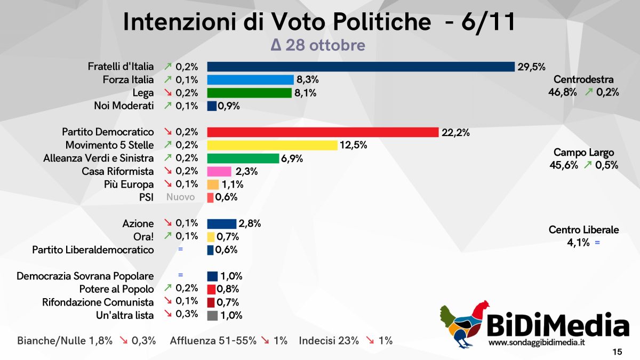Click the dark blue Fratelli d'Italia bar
click(361, 67)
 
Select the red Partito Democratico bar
click(322, 132)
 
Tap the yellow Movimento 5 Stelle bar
click(272, 145)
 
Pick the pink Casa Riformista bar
click(219, 171)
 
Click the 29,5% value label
click(531, 67)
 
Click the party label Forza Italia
click(128, 80)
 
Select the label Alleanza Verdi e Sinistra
click(98, 158)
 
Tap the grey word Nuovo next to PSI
click(180, 197)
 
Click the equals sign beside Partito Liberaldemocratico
click(180, 250)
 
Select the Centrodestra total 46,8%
click(562, 92)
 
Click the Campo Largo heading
click(583, 153)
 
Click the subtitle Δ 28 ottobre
click(318, 45)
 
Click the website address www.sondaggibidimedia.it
click(537, 342)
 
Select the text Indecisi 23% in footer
click(329, 340)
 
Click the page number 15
click(617, 352)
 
